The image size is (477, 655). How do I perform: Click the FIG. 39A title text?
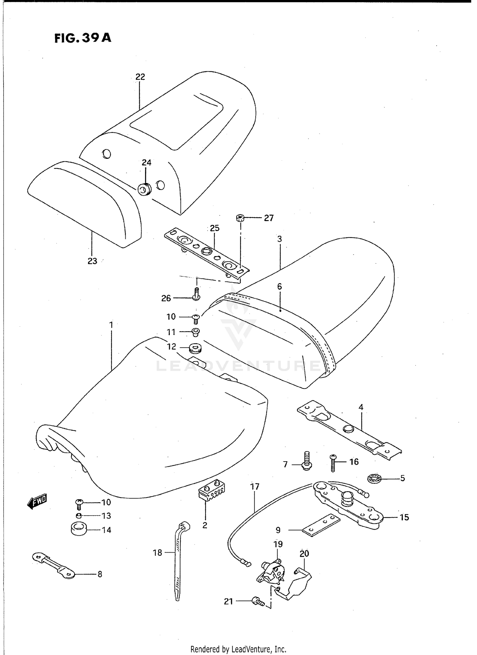[x=83, y=38]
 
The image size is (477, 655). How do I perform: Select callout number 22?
[x=140, y=77]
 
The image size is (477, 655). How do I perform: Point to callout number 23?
[x=92, y=261]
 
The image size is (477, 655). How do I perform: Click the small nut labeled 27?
[x=240, y=218]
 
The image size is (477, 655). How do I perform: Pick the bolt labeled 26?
[x=197, y=294]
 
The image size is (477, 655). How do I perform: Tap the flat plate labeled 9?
[x=321, y=525]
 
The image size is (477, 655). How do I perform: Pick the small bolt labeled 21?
[x=258, y=602]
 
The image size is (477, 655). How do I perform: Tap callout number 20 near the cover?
[x=304, y=554]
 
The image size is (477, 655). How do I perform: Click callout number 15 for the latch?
[x=404, y=517]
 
